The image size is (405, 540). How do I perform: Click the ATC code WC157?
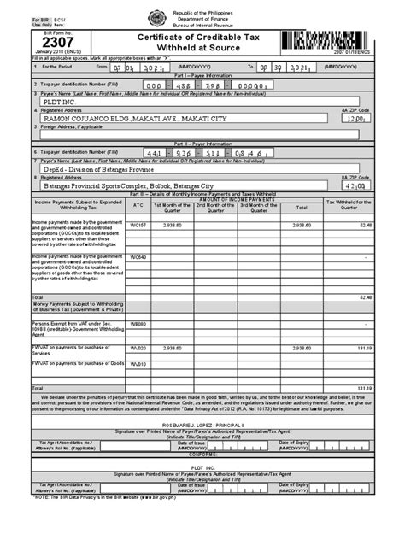(x=138, y=225)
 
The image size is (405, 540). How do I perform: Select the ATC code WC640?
(x=138, y=257)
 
